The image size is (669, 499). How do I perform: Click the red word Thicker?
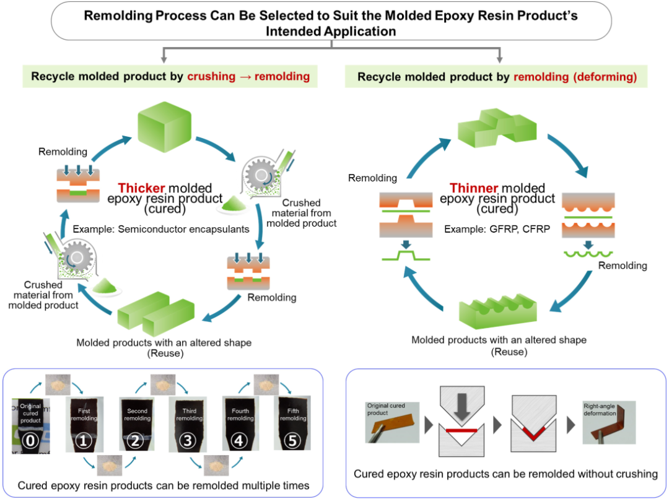tap(139, 188)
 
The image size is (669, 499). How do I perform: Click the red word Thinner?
tap(473, 188)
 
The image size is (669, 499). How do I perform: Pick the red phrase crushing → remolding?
tap(248, 77)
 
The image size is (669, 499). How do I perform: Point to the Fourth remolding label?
tap(240, 414)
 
